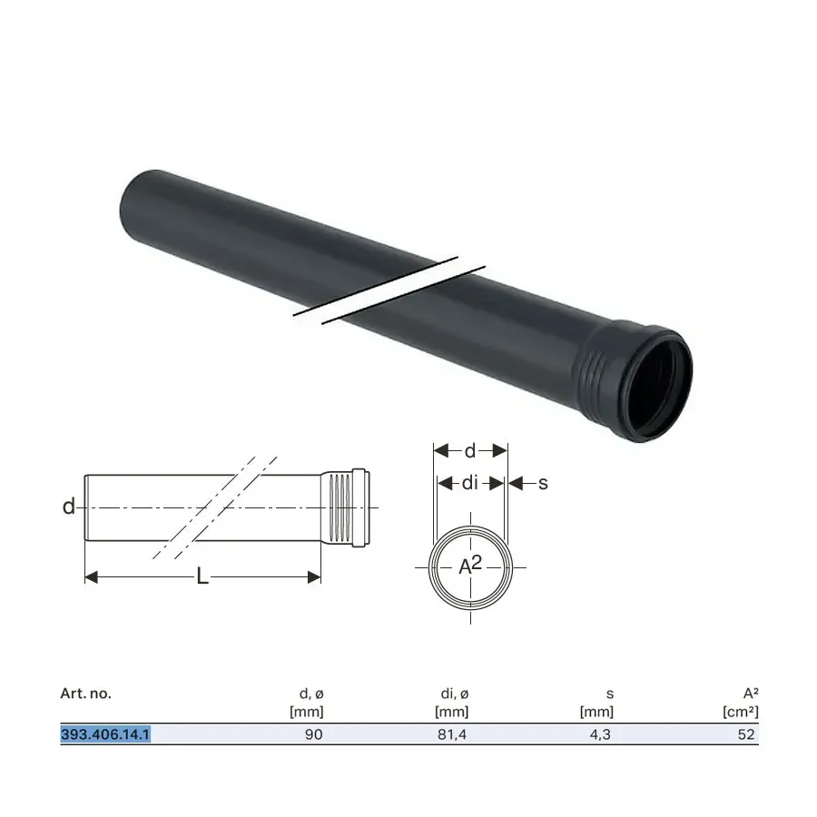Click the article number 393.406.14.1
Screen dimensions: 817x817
coord(105,734)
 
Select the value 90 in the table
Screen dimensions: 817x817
coord(314,734)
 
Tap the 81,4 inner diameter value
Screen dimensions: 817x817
coord(452,734)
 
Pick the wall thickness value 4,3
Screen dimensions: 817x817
coord(600,734)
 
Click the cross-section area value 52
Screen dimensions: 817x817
coord(746,734)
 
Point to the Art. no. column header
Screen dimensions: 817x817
coord(86,694)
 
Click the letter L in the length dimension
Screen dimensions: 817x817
coord(202,576)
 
